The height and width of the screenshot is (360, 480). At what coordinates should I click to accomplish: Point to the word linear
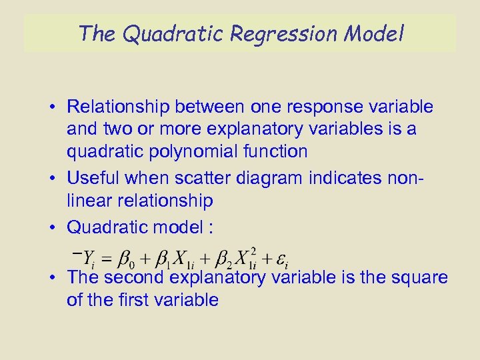pos(89,200)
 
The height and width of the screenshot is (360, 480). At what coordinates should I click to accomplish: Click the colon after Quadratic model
pos(211,227)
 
